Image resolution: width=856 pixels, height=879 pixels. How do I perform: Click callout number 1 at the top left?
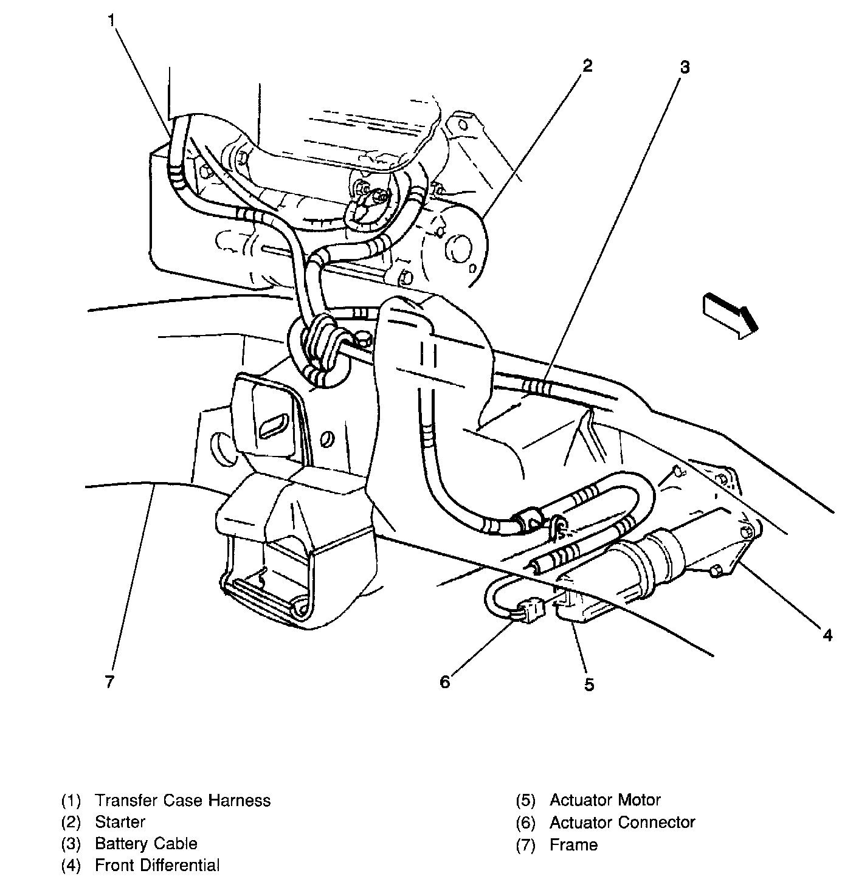coord(111,20)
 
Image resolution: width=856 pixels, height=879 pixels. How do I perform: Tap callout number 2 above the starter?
coord(586,65)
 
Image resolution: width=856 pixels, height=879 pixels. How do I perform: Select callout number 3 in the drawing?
coord(685,67)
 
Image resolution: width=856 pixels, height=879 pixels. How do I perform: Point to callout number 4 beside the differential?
coord(827,636)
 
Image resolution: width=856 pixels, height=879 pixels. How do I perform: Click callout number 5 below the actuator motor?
coord(588,684)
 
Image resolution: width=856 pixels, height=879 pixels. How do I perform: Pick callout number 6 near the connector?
coord(445,682)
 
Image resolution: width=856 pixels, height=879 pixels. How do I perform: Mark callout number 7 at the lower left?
coord(109,682)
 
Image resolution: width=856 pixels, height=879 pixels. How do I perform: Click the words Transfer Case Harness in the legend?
coord(182,800)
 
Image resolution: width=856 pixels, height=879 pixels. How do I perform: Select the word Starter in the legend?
coord(120,822)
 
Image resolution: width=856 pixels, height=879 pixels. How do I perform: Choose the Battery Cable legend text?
coord(146,844)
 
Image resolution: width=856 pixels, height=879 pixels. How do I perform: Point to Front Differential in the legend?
coord(157,865)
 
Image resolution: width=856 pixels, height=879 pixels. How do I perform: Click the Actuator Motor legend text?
coord(605,800)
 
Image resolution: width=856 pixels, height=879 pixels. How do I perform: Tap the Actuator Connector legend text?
coord(622,822)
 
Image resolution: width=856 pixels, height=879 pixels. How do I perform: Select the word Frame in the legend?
coord(573,844)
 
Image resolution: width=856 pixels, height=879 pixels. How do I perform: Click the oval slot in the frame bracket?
coord(275,425)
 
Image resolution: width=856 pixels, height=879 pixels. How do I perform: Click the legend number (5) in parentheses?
coord(525,800)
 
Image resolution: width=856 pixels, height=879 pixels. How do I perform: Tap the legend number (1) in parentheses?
coord(71,800)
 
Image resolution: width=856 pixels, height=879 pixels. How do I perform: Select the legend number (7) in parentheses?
coord(525,844)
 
